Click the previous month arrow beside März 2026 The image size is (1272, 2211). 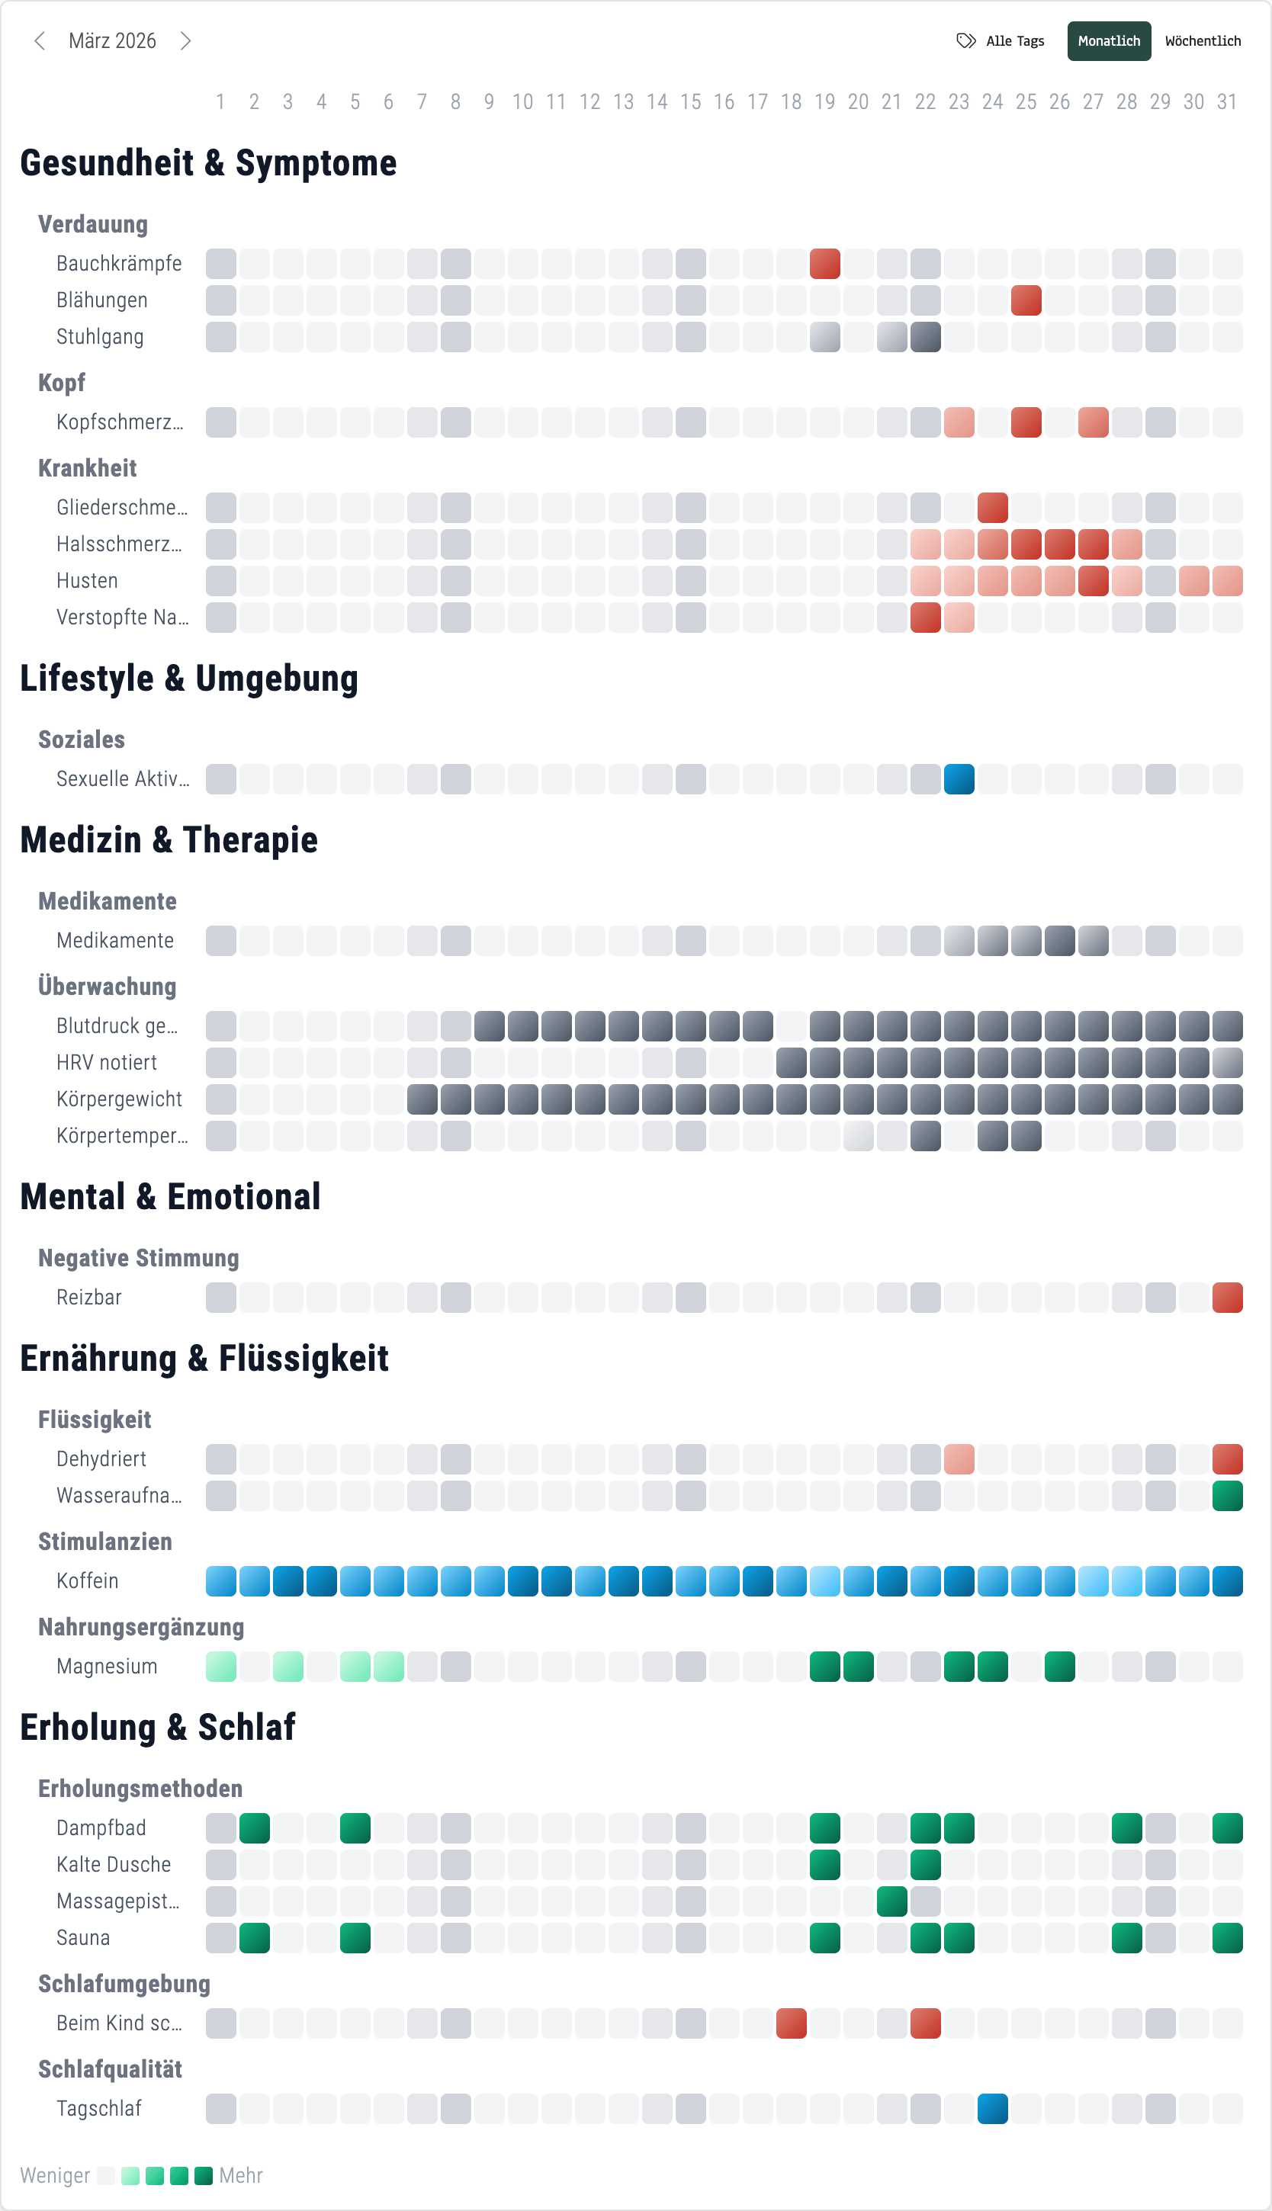[x=40, y=41]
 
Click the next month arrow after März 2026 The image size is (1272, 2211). [x=185, y=41]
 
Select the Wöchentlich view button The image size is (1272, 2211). [x=1202, y=41]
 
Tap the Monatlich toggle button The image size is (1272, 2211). [x=1108, y=41]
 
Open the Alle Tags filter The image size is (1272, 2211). [x=1001, y=41]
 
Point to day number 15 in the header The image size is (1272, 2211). [x=690, y=102]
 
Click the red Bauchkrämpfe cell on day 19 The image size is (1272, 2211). [x=824, y=264]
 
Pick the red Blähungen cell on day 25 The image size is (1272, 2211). [x=1026, y=300]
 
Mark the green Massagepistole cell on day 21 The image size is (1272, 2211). [x=891, y=1901]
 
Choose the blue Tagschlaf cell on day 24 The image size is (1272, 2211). [x=992, y=2109]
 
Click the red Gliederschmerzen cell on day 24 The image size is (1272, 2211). [x=992, y=507]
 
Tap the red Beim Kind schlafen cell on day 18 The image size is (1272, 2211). [x=791, y=2023]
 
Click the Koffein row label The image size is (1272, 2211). [x=88, y=1580]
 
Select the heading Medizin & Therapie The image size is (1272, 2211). [x=169, y=840]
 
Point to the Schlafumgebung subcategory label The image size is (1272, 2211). [x=124, y=1984]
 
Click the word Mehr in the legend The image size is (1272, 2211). [x=241, y=2175]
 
